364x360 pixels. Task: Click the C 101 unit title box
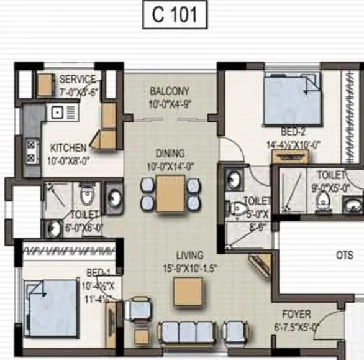[174, 15]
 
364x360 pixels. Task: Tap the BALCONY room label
[169, 91]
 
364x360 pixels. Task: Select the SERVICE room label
[78, 79]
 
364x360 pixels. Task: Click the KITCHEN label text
[68, 148]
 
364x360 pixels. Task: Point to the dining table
[171, 193]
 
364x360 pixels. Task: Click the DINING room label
[170, 153]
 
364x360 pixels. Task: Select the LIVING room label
[190, 256]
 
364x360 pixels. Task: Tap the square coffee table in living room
[188, 292]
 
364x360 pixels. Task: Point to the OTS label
[345, 256]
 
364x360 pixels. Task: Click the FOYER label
[296, 315]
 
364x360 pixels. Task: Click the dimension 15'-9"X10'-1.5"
[190, 269]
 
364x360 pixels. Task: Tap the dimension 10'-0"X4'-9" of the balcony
[169, 104]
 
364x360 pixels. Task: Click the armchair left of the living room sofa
[138, 309]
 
